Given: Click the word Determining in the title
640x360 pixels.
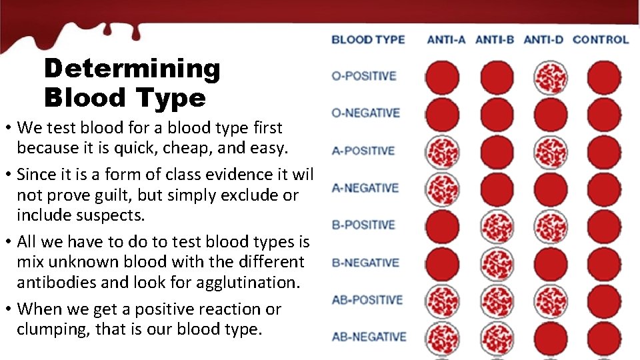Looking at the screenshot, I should [x=131, y=68].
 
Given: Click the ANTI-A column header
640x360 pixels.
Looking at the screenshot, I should [x=446, y=39].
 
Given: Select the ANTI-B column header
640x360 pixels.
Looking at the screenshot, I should [x=495, y=39].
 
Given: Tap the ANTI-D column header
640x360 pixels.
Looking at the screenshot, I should [x=543, y=39].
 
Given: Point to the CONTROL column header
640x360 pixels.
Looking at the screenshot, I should [x=600, y=39].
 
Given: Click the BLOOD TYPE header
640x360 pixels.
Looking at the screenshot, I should [x=368, y=39].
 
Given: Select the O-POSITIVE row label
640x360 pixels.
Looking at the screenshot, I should [x=363, y=76].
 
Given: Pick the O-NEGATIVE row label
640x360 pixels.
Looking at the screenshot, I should [x=365, y=113].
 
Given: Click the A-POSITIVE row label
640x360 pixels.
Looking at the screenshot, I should [x=363, y=151].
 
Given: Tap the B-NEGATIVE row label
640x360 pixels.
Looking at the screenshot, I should [x=365, y=263].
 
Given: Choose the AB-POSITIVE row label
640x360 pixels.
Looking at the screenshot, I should [x=367, y=299].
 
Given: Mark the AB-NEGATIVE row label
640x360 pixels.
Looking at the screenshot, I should [x=369, y=337].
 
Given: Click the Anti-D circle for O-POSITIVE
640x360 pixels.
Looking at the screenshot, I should [x=551, y=77].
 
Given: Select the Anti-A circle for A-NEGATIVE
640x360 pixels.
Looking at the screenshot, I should [x=442, y=189].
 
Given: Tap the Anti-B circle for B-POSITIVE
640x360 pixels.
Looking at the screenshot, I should [x=497, y=227].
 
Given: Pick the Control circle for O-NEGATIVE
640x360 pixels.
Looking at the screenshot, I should [x=604, y=115].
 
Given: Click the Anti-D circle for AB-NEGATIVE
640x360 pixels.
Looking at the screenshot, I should [x=551, y=339].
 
